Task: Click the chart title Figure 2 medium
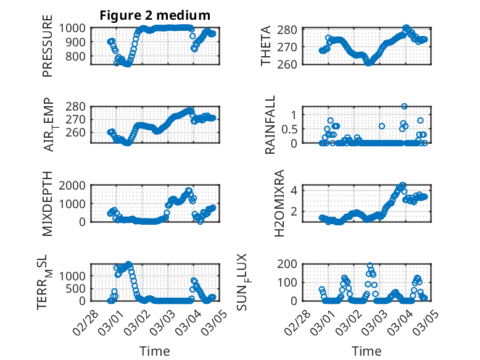pyautogui.click(x=155, y=15)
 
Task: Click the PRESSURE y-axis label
pyautogui.click(x=48, y=50)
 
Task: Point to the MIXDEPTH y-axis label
pyautogui.click(x=48, y=204)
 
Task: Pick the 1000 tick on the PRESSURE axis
pyautogui.click(x=75, y=28)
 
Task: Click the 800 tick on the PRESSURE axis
pyautogui.click(x=78, y=56)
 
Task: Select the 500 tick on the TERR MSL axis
pyautogui.click(x=78, y=288)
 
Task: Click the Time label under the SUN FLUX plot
pyautogui.click(x=366, y=351)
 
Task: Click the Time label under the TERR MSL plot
pyautogui.click(x=155, y=351)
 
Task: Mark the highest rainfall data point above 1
pyautogui.click(x=404, y=106)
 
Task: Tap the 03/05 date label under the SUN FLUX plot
pyautogui.click(x=420, y=321)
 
